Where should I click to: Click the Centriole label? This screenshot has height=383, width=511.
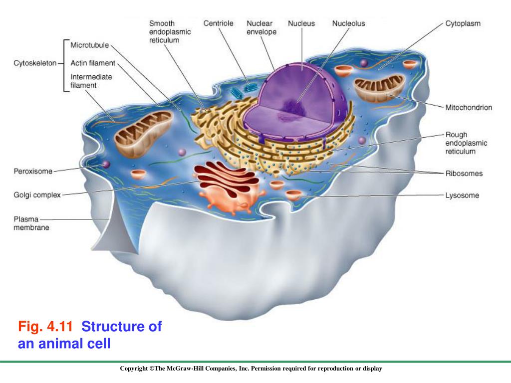point(218,23)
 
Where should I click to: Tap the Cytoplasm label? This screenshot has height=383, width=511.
point(463,23)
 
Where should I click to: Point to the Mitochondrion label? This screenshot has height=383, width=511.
point(469,107)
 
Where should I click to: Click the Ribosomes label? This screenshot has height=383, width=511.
point(464,174)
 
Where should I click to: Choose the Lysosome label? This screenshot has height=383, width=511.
point(462,195)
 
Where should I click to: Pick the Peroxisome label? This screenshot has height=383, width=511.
point(32,171)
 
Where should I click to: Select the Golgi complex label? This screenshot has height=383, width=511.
point(36,195)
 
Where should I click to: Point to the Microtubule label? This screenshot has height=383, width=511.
point(89,45)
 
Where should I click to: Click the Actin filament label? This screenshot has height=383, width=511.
point(93,63)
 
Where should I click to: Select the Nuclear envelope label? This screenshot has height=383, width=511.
point(261,28)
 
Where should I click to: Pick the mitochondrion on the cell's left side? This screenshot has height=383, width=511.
point(143,132)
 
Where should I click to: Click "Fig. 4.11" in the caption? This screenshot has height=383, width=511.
point(45,327)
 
